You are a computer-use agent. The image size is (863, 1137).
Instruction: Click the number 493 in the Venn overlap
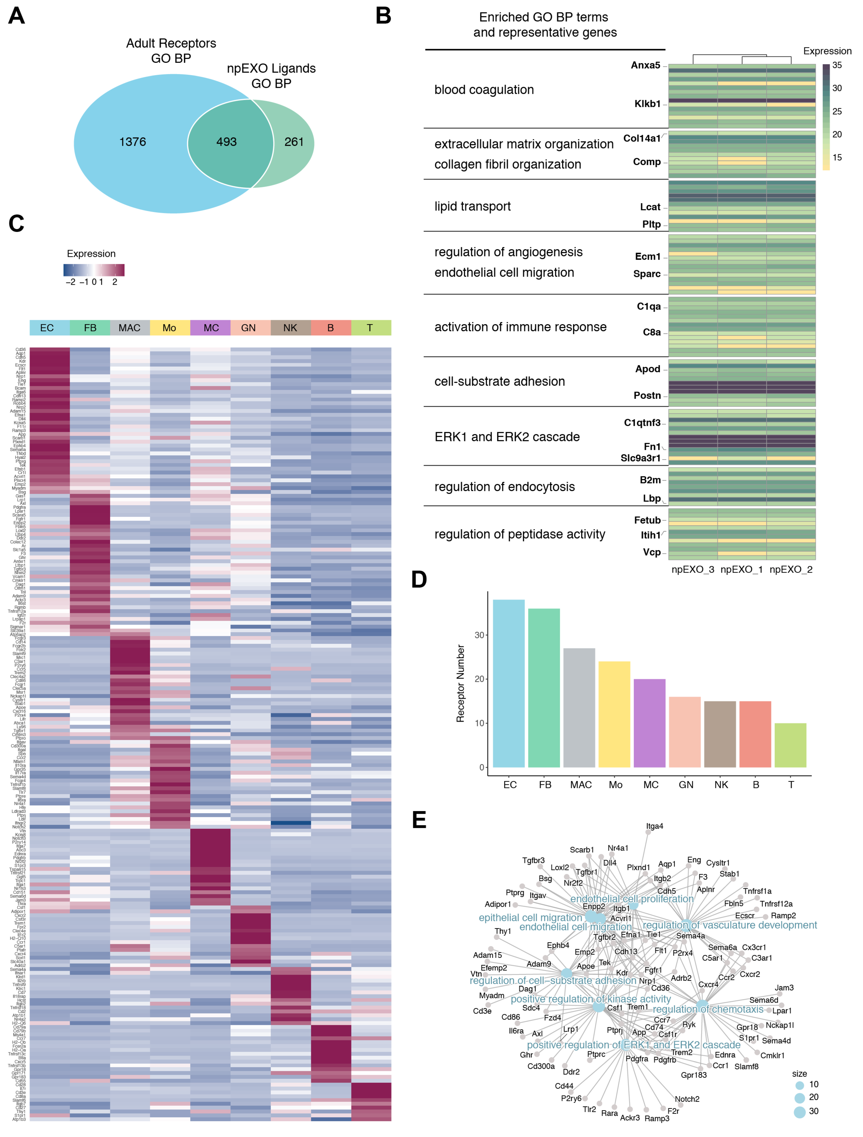click(x=226, y=142)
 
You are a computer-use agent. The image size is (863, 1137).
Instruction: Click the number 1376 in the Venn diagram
click(x=133, y=142)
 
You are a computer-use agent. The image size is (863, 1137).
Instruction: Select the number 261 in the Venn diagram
click(x=294, y=142)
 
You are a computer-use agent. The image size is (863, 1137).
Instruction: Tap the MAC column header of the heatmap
click(x=130, y=328)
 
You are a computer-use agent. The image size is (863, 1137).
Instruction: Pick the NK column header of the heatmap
click(x=290, y=328)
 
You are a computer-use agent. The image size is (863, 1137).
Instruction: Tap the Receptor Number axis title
click(x=460, y=684)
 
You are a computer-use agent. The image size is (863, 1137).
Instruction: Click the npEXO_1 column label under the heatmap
click(x=742, y=570)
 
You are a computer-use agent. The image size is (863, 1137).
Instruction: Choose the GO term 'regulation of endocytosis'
click(x=504, y=487)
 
